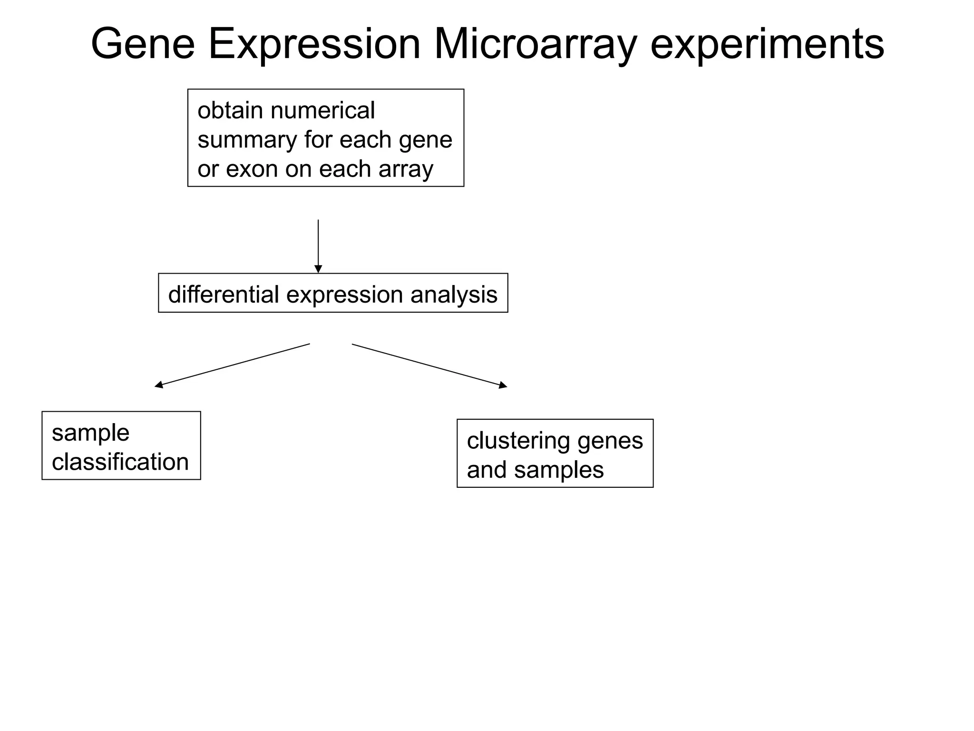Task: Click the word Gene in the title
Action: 143,44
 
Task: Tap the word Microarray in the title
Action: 535,44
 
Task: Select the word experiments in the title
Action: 767,44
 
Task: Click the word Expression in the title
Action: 314,44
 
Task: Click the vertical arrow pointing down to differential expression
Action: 318,246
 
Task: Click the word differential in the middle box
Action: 223,294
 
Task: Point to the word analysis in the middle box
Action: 454,294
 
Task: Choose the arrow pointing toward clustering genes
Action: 429,365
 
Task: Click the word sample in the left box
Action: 90,433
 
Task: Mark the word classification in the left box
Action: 120,462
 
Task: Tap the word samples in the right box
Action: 558,470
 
